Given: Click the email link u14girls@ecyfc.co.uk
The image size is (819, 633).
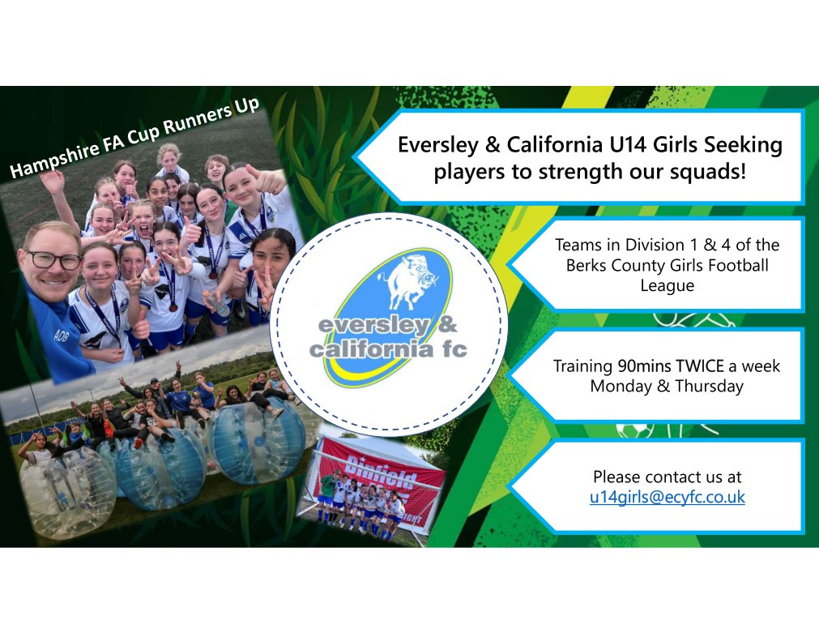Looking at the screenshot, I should pyautogui.click(x=667, y=497).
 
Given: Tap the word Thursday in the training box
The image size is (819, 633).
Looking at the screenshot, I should pyautogui.click(x=710, y=386).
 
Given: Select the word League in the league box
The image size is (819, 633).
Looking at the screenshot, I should pyautogui.click(x=667, y=284).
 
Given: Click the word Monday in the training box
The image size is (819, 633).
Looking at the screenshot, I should pyautogui.click(x=619, y=386).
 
